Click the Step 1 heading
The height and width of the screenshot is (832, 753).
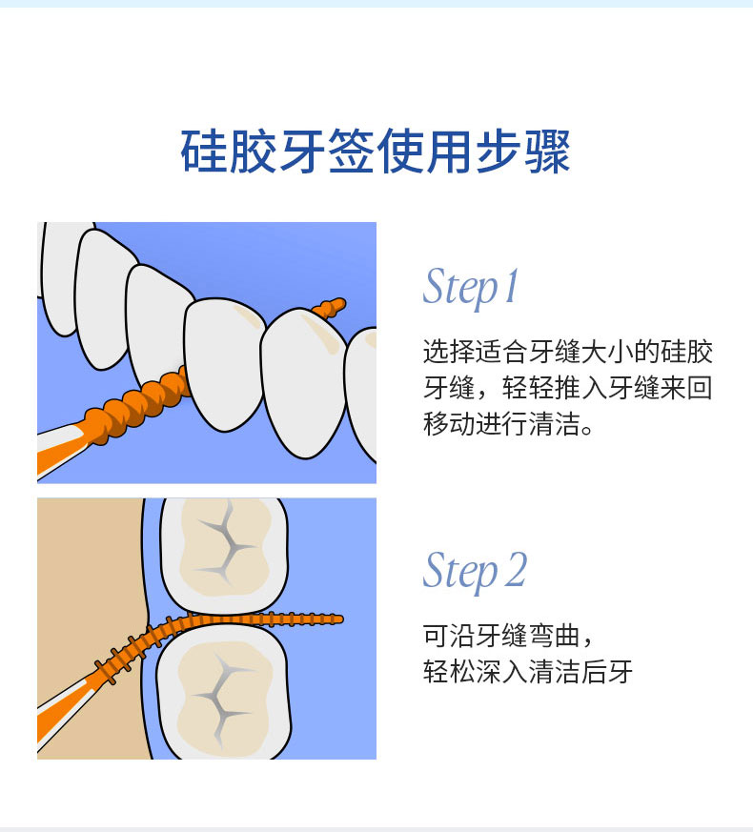click(x=470, y=287)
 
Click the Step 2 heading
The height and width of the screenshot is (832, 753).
click(x=475, y=572)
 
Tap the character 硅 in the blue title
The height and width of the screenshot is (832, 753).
click(x=204, y=152)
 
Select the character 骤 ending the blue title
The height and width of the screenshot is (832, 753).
click(x=547, y=152)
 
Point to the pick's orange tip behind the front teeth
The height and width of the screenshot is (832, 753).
click(x=330, y=308)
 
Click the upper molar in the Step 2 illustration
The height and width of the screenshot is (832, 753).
click(x=224, y=554)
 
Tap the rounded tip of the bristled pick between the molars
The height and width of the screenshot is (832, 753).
click(x=338, y=619)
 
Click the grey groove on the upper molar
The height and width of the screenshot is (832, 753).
click(x=226, y=544)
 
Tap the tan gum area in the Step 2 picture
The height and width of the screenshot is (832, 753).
click(x=91, y=583)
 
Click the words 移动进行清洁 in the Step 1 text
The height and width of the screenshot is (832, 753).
click(x=501, y=424)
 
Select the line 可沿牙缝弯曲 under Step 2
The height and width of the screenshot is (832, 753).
click(x=501, y=636)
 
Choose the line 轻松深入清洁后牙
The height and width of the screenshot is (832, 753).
click(x=528, y=672)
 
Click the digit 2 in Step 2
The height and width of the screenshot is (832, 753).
click(x=516, y=569)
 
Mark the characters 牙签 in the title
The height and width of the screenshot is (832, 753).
click(x=326, y=152)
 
